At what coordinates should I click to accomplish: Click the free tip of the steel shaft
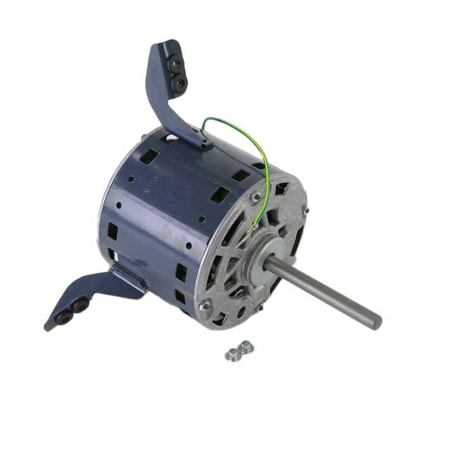point(377,321)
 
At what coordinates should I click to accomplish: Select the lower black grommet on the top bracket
point(180,83)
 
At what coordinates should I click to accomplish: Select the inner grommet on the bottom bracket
point(79,306)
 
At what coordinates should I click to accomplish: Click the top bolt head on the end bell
point(257,196)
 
